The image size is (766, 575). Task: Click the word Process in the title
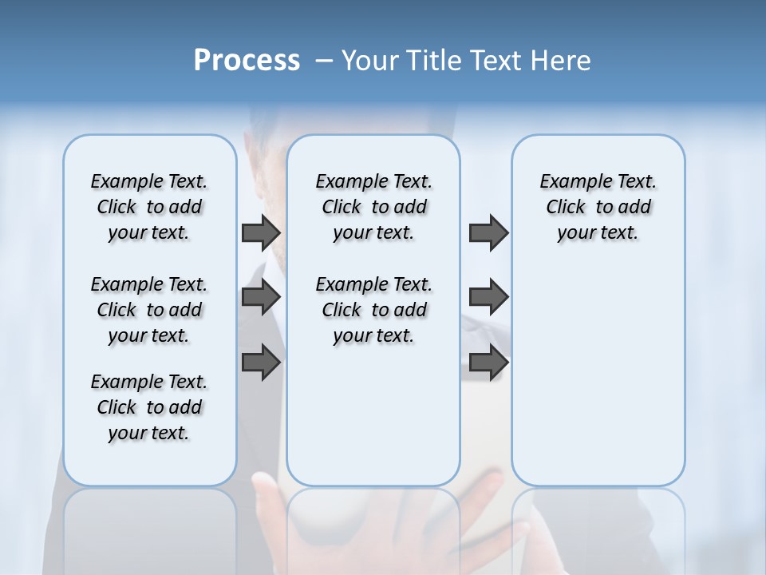click(247, 61)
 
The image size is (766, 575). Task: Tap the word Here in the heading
click(561, 61)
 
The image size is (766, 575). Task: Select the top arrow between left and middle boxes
click(261, 232)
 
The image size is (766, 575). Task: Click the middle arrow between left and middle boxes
click(261, 297)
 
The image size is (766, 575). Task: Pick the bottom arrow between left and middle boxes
click(261, 362)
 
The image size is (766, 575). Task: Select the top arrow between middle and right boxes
click(488, 232)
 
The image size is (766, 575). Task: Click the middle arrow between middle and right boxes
click(488, 297)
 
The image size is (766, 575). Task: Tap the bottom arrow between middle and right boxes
click(488, 362)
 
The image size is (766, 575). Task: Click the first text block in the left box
click(149, 207)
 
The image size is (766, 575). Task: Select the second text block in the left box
click(149, 310)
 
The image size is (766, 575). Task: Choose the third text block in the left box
click(149, 407)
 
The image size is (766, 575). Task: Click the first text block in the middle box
click(374, 207)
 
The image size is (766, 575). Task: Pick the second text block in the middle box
click(374, 310)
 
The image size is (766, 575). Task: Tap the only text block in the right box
click(598, 207)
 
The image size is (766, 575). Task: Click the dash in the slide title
click(324, 61)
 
